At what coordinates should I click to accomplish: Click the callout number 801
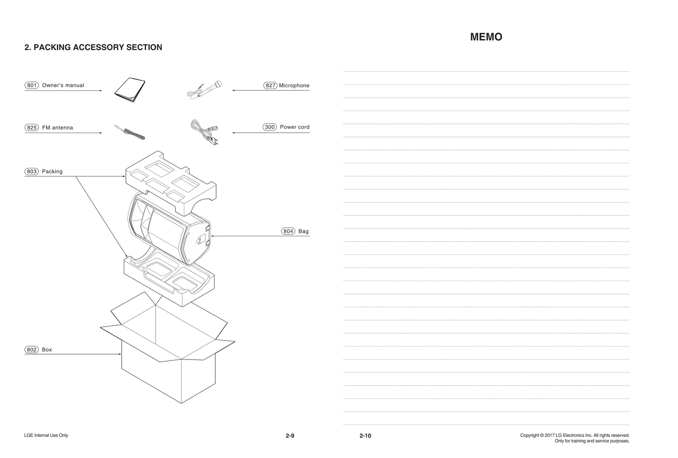(x=32, y=85)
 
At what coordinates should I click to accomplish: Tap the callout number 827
(x=270, y=86)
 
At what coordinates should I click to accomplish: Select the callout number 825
(x=32, y=128)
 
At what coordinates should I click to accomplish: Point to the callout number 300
(x=270, y=127)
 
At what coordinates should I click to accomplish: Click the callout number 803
(x=32, y=172)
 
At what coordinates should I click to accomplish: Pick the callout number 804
(x=288, y=232)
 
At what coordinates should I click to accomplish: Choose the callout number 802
(x=32, y=350)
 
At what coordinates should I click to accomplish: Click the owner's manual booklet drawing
(x=130, y=90)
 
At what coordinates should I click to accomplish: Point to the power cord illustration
(x=205, y=132)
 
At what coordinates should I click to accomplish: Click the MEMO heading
(x=486, y=37)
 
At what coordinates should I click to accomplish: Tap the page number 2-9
(x=290, y=436)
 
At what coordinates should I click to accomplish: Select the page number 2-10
(x=365, y=436)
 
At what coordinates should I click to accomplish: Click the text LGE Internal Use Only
(x=46, y=436)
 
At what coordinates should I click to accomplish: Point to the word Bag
(x=303, y=232)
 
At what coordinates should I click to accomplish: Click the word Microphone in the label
(x=294, y=86)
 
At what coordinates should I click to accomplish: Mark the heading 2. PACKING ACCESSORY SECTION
(x=93, y=47)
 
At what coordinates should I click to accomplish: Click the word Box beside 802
(x=47, y=350)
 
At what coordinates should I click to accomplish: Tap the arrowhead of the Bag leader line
(x=212, y=236)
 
